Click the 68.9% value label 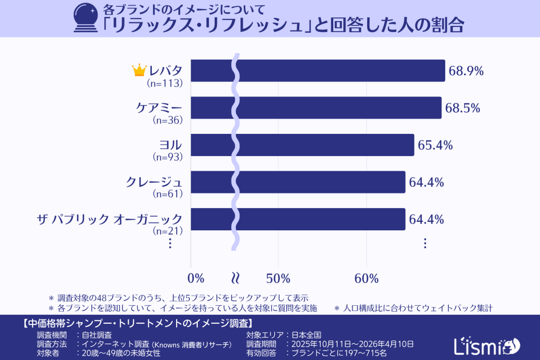coord(466,71)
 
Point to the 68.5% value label coord(462,108)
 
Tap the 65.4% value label coord(436,145)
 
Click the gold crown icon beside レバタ coord(139,70)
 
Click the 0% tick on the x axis coord(196,278)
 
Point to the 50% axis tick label coord(278,278)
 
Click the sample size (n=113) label coord(165,83)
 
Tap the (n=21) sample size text coord(167,231)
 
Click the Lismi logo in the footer coord(486,345)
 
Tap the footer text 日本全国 coord(307,335)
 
